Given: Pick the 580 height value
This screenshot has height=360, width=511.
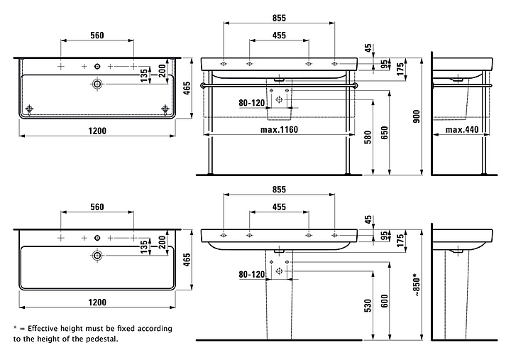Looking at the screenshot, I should pos(368,137).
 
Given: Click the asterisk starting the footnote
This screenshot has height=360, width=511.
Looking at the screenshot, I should pos(15,329).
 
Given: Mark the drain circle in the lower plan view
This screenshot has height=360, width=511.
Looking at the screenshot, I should pos(97,256).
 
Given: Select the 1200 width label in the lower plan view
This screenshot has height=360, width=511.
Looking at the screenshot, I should pos(97,302).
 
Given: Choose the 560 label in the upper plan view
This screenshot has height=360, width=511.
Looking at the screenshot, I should pos(97,35).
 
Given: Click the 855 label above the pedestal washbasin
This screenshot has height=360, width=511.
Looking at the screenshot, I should pos(278,190).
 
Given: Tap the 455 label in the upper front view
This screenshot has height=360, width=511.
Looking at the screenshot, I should pos(278,36).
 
